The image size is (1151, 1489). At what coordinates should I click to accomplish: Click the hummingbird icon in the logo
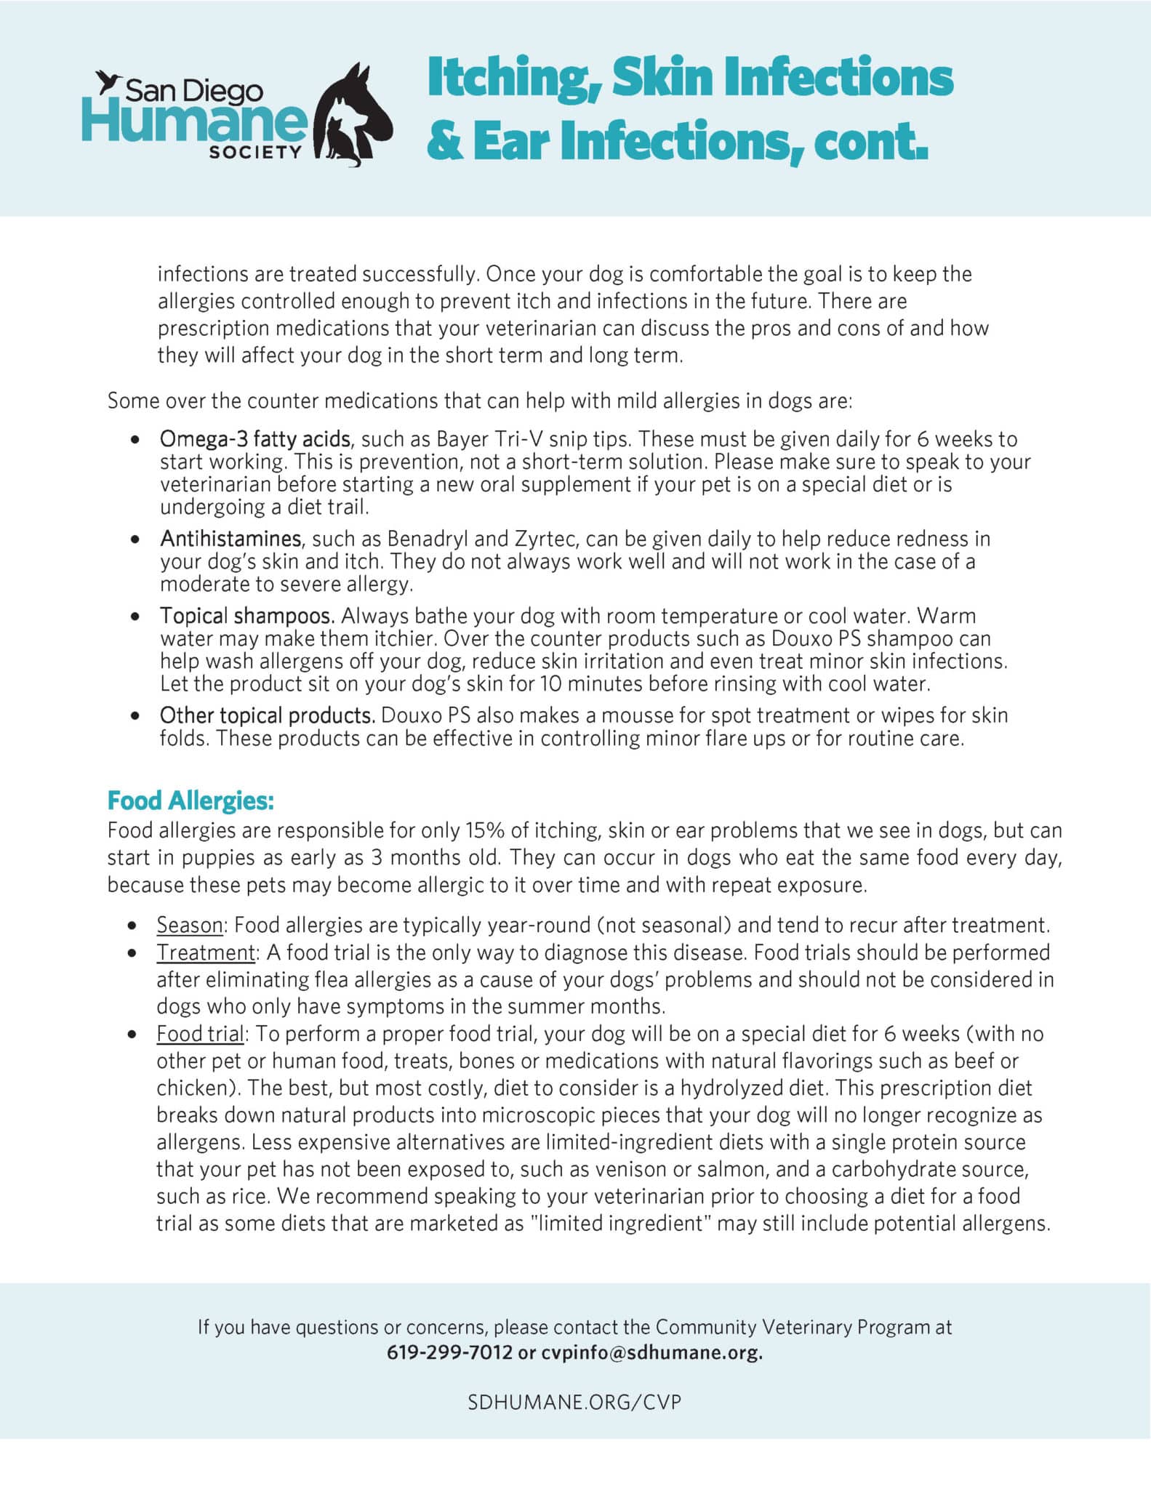click(108, 81)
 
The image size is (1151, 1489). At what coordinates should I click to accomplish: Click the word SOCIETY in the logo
click(254, 152)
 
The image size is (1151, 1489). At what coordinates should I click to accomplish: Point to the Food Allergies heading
click(191, 800)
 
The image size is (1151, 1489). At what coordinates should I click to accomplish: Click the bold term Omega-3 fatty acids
click(255, 439)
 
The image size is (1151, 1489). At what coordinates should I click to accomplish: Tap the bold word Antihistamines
click(230, 539)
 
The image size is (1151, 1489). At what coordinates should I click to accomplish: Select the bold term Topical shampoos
click(247, 616)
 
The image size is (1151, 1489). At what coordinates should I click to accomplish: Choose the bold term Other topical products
click(268, 715)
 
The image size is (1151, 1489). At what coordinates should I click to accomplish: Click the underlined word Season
click(190, 925)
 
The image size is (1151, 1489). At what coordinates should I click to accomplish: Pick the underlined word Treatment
click(206, 952)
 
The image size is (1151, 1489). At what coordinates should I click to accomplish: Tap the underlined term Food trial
click(200, 1034)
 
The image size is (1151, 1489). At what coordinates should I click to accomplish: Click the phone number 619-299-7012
click(449, 1352)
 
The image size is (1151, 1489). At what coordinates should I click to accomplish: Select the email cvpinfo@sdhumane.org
click(651, 1352)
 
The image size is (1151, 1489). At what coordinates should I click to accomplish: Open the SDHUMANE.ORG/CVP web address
click(574, 1402)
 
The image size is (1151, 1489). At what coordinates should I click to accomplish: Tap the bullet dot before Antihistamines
click(135, 540)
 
